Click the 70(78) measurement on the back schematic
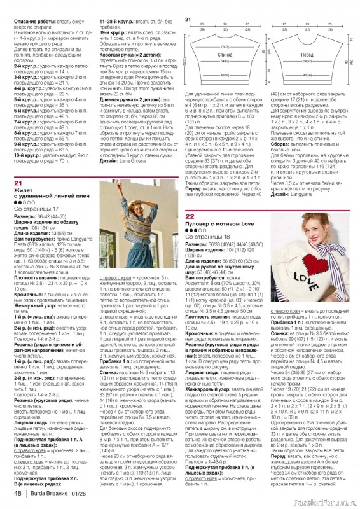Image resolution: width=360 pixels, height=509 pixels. (225, 47)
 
